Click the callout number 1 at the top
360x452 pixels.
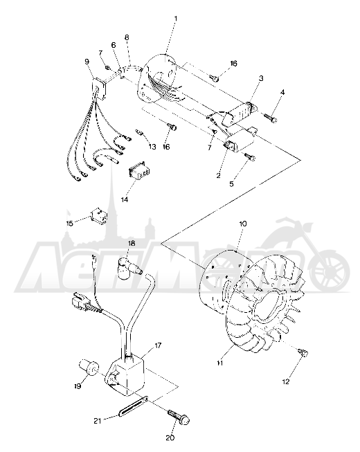[x=176, y=19]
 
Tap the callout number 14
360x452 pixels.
[x=125, y=199]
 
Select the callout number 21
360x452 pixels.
[x=98, y=421]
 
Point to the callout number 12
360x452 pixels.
[x=286, y=381]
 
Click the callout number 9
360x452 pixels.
[x=87, y=62]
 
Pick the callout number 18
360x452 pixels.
[x=132, y=244]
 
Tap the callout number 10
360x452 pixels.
[x=243, y=224]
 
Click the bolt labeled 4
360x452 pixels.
[x=271, y=118]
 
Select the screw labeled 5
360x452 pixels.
[x=250, y=157]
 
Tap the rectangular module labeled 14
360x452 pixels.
[x=138, y=173]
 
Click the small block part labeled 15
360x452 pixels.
[x=99, y=216]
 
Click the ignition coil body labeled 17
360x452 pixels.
[x=126, y=374]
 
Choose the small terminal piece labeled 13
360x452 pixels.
[x=139, y=133]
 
